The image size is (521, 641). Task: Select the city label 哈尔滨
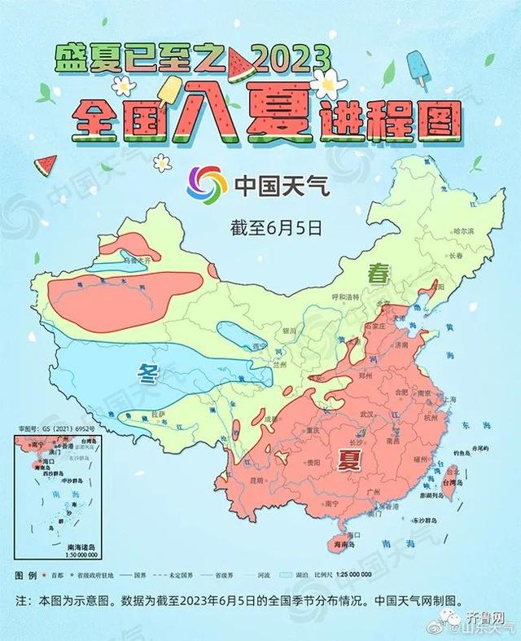(x=462, y=231)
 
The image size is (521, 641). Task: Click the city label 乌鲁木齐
(x=137, y=261)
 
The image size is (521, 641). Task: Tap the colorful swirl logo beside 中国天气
(x=207, y=184)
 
